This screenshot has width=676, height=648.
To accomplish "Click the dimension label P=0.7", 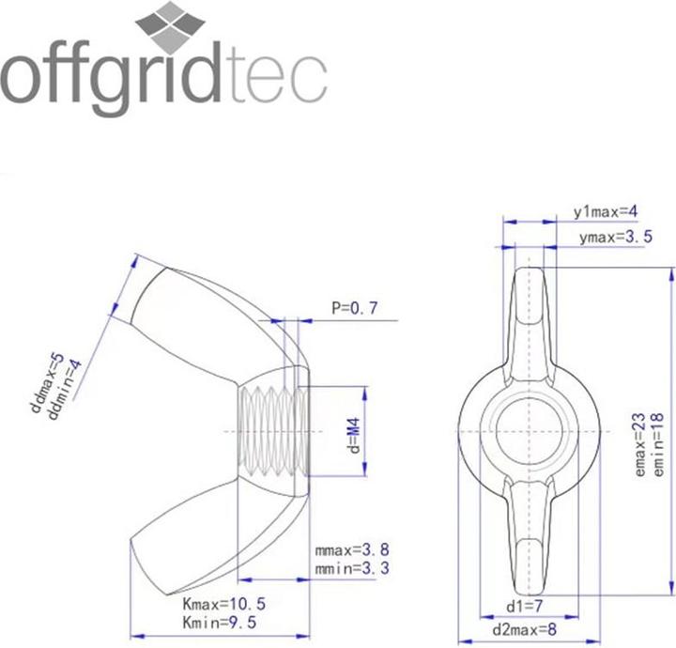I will [354, 307].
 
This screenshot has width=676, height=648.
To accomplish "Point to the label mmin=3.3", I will [353, 568].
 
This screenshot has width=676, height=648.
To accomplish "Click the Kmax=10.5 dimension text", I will [222, 605].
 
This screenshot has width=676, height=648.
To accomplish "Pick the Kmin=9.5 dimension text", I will [219, 622].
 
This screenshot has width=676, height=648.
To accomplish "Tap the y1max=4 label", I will [606, 213].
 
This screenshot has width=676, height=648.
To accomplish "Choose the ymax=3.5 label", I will [616, 238].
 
